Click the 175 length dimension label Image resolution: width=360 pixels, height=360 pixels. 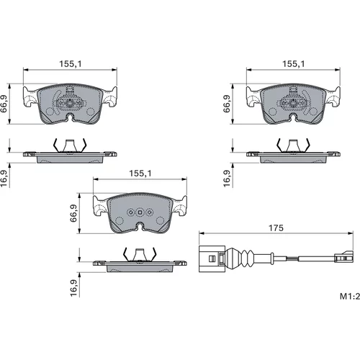click(276, 228)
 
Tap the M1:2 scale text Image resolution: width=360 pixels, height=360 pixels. click(350, 296)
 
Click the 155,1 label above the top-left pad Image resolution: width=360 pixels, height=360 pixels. click(71, 64)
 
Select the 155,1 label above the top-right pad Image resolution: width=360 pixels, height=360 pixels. click(294, 64)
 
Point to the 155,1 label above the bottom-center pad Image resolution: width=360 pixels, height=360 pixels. click(140, 174)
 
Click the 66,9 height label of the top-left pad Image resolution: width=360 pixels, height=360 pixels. click(4, 104)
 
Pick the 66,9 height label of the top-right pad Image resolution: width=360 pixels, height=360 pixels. click(227, 104)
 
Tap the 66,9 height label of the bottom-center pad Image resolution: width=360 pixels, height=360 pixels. click(73, 213)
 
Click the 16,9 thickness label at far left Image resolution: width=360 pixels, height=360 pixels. click(4, 179)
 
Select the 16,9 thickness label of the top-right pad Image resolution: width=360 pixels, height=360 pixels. click(227, 179)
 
